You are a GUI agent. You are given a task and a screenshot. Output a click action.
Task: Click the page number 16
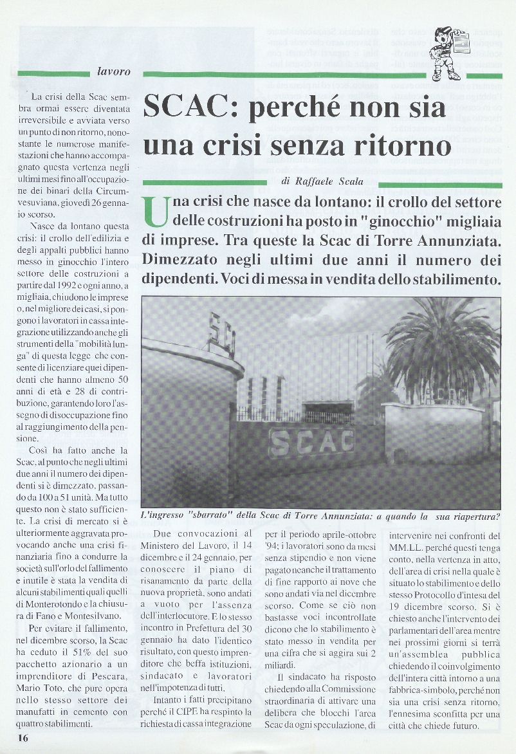click(x=23, y=738)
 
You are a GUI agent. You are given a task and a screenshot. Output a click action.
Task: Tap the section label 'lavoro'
click(x=113, y=71)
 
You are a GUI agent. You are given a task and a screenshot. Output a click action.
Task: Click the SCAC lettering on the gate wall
click(x=311, y=441)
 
